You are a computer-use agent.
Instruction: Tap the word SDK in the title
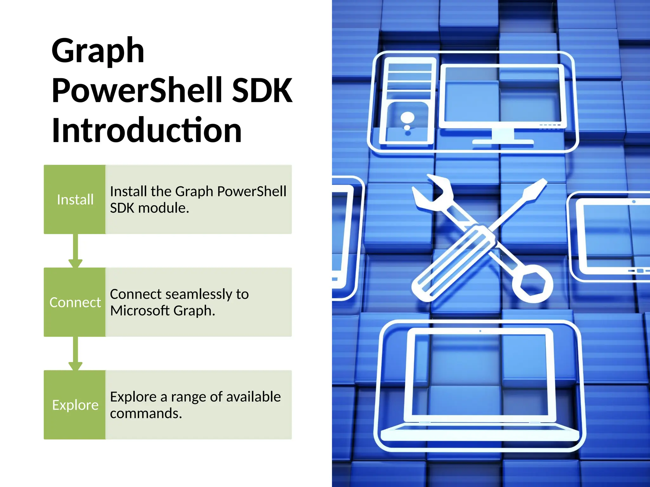(262, 91)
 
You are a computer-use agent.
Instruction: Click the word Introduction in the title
(147, 130)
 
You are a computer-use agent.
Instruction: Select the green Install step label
(75, 200)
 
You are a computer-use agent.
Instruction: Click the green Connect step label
(75, 302)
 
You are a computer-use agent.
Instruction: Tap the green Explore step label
(75, 405)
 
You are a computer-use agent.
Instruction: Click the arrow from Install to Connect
(76, 250)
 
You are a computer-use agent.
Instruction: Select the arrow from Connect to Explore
(76, 353)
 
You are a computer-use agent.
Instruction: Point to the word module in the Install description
(163, 208)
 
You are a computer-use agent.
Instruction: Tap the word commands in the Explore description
(146, 413)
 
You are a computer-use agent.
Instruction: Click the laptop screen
(480, 374)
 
